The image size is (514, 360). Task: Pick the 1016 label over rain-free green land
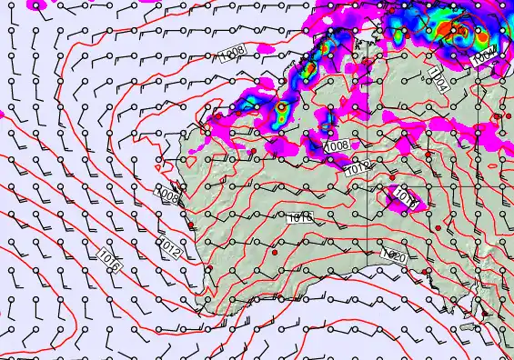pos(300,218)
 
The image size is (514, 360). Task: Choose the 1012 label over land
pos(357,168)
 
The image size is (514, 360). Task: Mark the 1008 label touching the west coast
pos(167,195)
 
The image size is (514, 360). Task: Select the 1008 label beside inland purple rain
pos(337,145)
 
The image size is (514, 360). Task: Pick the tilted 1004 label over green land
pos(439,84)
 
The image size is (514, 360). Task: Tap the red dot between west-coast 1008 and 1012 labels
pos(190,226)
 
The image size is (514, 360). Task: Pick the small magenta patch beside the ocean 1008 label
pos(264,46)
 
